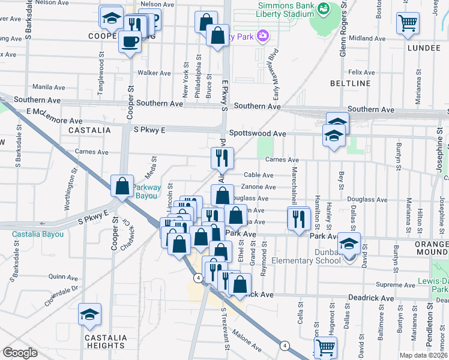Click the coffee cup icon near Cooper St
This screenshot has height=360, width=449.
click(130, 41)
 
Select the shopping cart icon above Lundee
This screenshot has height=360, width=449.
click(408, 23)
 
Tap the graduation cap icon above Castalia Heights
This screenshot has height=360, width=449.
click(89, 314)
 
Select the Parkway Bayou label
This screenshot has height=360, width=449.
click(147, 191)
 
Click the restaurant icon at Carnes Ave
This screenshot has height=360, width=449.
click(222, 158)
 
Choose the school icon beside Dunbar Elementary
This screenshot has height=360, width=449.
click(348, 244)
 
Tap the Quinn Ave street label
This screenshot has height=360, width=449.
click(64, 277)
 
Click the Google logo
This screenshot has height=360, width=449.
click(20, 353)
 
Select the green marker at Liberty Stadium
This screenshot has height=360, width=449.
click(324, 10)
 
